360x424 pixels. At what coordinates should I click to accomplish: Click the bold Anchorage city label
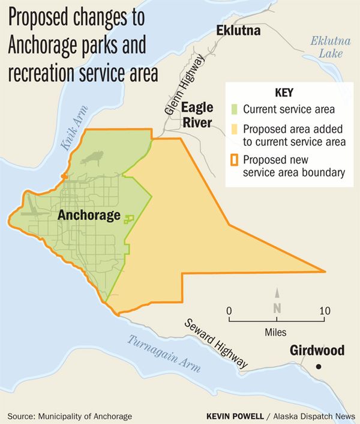click(89, 215)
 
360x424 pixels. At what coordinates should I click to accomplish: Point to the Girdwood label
click(317, 350)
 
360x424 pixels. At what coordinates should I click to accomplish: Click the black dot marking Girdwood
click(320, 366)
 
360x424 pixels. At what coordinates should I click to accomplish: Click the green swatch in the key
click(236, 110)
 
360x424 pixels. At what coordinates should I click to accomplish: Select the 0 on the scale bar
click(229, 310)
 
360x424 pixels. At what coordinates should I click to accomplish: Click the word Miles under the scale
click(277, 331)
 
